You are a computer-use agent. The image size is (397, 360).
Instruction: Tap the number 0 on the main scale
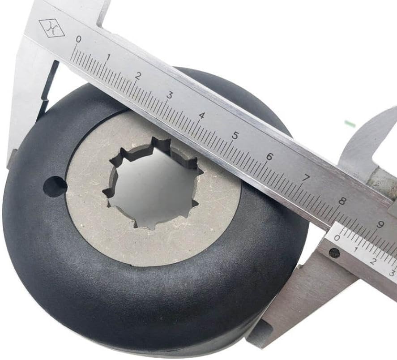click(79, 39)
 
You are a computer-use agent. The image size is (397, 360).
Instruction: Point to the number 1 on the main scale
click(108, 57)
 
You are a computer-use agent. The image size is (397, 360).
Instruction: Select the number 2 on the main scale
click(138, 76)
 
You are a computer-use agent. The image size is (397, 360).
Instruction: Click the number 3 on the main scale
click(170, 95)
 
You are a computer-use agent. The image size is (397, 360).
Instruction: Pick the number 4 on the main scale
click(202, 116)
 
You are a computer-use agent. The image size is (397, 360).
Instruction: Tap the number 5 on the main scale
click(235, 136)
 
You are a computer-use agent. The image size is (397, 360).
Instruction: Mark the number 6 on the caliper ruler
click(269, 157)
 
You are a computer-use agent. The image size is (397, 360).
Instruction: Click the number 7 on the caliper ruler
click(306, 179)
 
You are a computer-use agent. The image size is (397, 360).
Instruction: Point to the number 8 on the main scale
click(342, 201)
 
